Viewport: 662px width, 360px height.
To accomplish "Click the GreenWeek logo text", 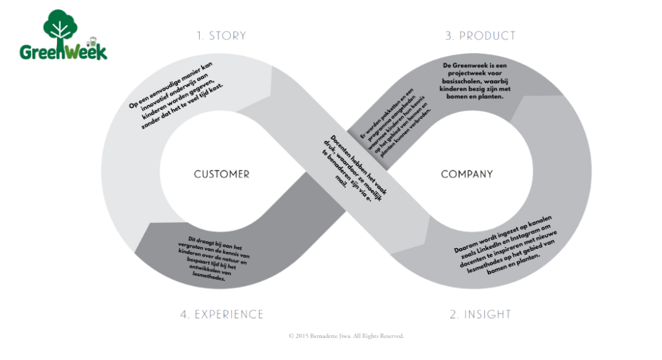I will [x=63, y=51].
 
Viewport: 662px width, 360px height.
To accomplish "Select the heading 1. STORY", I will [x=221, y=36].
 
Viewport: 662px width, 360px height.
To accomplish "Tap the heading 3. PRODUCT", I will [x=480, y=36].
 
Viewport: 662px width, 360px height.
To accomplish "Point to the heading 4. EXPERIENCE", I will [x=222, y=314].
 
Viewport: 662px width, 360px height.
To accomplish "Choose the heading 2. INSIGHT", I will [x=480, y=314].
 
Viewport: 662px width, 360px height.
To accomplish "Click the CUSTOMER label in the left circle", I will [x=221, y=175].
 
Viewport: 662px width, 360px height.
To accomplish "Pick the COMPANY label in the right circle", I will [x=467, y=175].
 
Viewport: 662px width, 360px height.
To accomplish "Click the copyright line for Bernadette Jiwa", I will [x=346, y=336].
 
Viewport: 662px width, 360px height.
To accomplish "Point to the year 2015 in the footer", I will [x=301, y=336].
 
